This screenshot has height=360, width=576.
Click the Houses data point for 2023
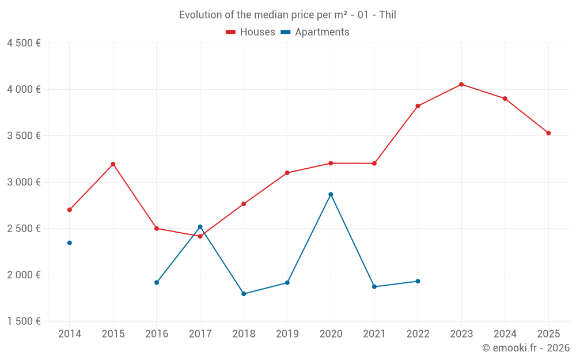461,85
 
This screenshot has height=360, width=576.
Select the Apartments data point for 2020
331,195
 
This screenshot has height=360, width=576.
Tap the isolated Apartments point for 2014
70,243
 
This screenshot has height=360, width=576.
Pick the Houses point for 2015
113,164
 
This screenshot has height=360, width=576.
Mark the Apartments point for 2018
244,294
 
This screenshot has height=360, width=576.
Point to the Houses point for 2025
548,133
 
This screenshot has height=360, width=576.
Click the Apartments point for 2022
418,281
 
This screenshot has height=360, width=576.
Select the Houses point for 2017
200,236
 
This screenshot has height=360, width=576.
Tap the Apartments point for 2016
157,283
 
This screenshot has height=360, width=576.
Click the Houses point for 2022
418,106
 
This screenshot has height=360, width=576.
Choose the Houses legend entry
251,32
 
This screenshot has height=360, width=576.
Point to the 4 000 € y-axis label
24,89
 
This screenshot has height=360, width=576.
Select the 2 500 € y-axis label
24,229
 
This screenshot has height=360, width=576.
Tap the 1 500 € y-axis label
24,321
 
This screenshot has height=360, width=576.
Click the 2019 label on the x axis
287,334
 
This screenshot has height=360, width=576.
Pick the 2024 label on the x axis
505,334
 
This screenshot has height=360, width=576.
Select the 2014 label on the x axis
70,334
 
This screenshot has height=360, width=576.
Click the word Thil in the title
388,15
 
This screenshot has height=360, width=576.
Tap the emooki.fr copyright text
525,348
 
